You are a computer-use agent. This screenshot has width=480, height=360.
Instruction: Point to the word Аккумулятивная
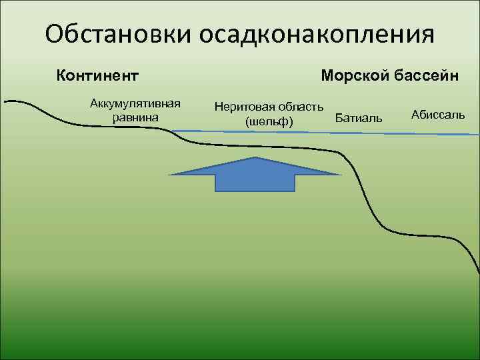135,105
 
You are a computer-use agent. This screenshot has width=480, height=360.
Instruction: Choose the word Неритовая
243,107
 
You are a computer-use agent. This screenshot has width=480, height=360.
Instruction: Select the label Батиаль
359,118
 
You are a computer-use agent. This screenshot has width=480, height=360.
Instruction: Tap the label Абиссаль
438,115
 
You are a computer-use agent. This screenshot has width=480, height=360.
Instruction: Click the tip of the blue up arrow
255,158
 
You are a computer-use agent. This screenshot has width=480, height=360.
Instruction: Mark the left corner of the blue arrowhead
169,175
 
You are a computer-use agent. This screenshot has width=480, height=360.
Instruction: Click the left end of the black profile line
5,101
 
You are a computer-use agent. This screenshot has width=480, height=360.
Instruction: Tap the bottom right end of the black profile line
478,273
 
